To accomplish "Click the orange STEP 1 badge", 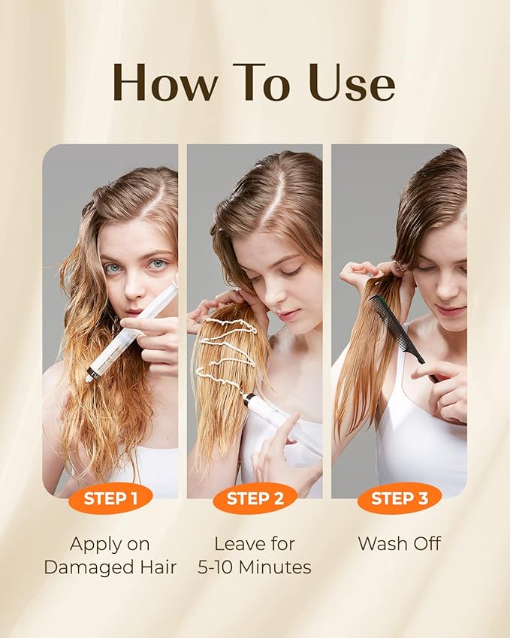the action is pos(110,498).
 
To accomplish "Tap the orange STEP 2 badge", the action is pos(255,498).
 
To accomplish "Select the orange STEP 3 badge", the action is pos(400,498).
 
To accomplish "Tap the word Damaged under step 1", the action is pos(86,567).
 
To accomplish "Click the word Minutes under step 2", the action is pos(274,567).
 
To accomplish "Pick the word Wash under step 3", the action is pos(382,543).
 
